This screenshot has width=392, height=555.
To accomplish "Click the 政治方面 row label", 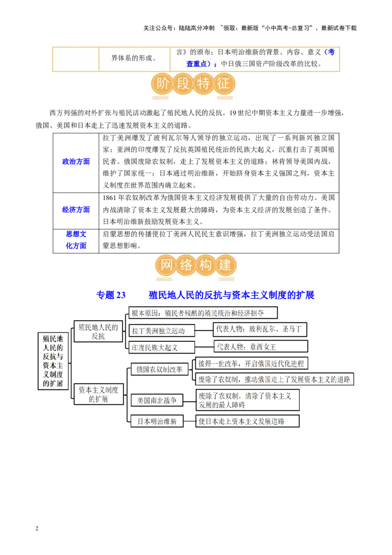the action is coord(76,162).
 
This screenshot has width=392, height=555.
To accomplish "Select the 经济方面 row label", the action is coord(76,209).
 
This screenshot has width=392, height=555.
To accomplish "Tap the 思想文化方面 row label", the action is coord(76,240).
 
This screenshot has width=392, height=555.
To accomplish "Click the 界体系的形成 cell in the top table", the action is coord(134,58).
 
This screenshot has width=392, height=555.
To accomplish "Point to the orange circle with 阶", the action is coord(162,84).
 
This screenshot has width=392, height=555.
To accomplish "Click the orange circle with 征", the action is coord(224,84).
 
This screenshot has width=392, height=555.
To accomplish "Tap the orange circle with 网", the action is coord(166,265).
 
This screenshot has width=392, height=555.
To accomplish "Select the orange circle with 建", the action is coord(225,265).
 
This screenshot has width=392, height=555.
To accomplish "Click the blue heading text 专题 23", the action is coord(111,295).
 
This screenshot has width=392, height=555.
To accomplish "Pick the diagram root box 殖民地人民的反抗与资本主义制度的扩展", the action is coord(53,361).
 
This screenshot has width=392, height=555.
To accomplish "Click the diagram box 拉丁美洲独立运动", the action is coord(162,330).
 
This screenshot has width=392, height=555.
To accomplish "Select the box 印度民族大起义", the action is coord(162,347).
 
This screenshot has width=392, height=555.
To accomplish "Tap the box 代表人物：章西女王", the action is coord(261,346).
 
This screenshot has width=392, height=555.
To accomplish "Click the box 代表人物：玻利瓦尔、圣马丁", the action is coord(260,329).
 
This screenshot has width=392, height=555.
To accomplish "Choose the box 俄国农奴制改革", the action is coord(160,369).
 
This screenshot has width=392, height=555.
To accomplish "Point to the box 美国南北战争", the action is coord(157,400).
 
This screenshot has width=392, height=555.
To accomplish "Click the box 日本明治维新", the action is coord(157,421).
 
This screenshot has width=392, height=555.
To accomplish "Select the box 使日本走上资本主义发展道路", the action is coord(247,421).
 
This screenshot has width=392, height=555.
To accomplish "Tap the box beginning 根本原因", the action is coord(203,313).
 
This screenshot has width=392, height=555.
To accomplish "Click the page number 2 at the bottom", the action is coord(37,529).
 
